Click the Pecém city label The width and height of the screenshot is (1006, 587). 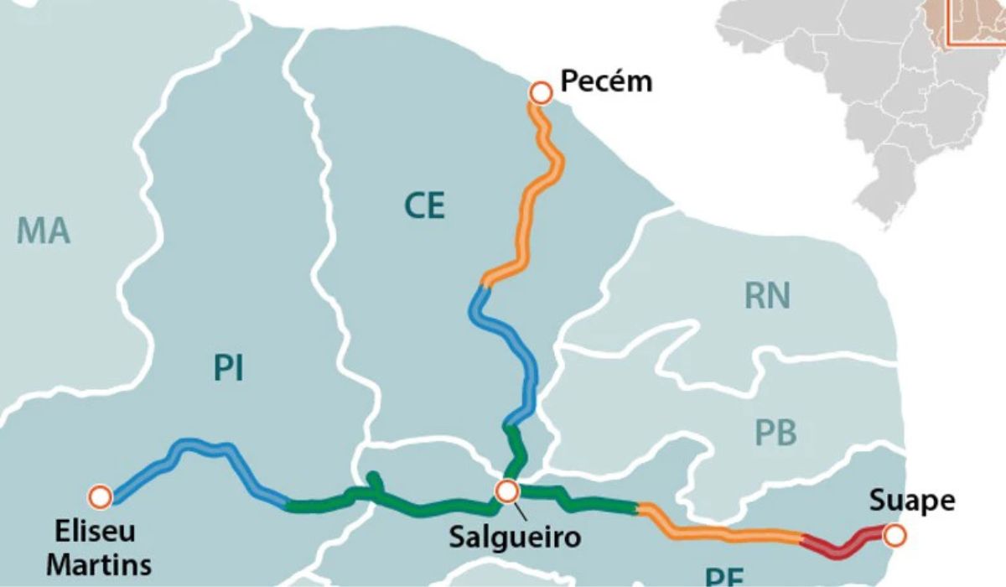(x=605, y=81)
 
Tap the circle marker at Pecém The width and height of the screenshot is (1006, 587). (x=541, y=92)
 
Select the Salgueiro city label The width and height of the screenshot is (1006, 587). (x=514, y=537)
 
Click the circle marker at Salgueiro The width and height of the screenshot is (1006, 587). (x=506, y=491)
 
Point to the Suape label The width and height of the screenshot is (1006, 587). (x=911, y=501)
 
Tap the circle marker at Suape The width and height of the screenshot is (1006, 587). (x=895, y=533)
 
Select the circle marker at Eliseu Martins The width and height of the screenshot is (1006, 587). (x=101, y=496)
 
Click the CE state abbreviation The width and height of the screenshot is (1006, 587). (x=424, y=206)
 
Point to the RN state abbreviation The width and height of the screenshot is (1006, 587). (x=767, y=295)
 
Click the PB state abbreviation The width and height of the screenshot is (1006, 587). (x=776, y=434)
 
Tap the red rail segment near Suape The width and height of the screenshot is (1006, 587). (x=843, y=546)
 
